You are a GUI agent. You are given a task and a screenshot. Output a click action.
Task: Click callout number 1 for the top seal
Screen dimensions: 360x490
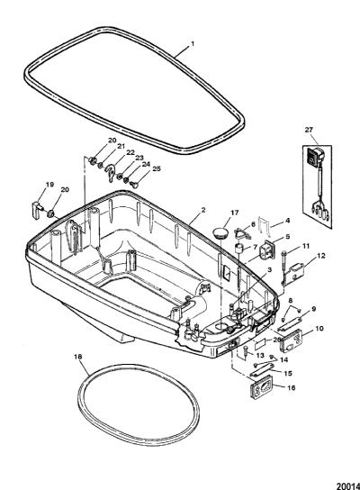[193, 44]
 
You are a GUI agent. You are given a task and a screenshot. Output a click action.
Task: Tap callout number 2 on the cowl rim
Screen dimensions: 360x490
[203, 210]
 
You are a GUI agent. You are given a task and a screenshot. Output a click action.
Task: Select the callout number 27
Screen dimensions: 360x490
[309, 130]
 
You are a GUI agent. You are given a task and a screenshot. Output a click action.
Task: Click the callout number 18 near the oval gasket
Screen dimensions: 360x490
[78, 357]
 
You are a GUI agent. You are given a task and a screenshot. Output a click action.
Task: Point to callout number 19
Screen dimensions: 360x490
[49, 185]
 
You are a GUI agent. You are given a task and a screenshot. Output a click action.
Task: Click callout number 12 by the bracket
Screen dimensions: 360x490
[320, 256]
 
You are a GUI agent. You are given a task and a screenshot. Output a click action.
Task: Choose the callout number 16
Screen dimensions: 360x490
[291, 387]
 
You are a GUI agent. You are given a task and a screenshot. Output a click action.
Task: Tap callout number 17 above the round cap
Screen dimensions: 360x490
[235, 213]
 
